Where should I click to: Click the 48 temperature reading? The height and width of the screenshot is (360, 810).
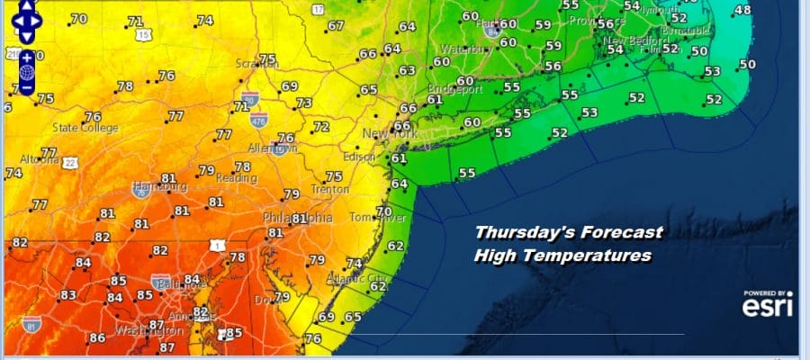742,11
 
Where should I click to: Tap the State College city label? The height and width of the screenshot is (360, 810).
85,128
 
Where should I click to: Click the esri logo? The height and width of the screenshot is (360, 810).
768,305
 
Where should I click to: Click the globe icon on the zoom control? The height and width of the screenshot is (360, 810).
26,72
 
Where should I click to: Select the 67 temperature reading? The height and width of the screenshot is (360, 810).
336,25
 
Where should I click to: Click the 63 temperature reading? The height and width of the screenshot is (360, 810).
408,70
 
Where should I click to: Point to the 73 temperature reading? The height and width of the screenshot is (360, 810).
304,103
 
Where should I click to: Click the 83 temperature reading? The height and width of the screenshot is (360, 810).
68,295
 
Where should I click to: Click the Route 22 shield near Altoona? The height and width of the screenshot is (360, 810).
69,163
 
